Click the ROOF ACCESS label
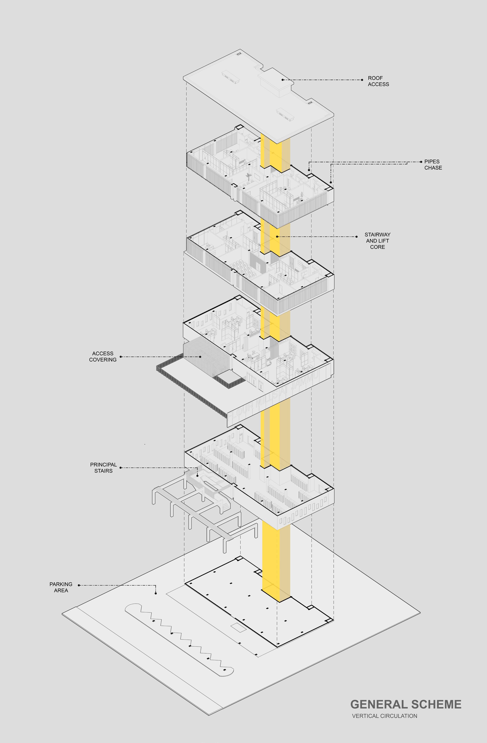[x=378, y=81]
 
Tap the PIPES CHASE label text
[x=433, y=165]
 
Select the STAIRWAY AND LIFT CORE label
[x=377, y=241]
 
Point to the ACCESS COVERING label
[x=103, y=356]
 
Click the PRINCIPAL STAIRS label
[x=103, y=468]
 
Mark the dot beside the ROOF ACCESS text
[x=362, y=80]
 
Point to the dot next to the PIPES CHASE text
[x=421, y=162]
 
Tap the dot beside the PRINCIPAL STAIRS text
[x=121, y=468]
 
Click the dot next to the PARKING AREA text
[x=79, y=585]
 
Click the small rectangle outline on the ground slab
[x=238, y=628]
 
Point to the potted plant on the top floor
[x=249, y=177]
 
